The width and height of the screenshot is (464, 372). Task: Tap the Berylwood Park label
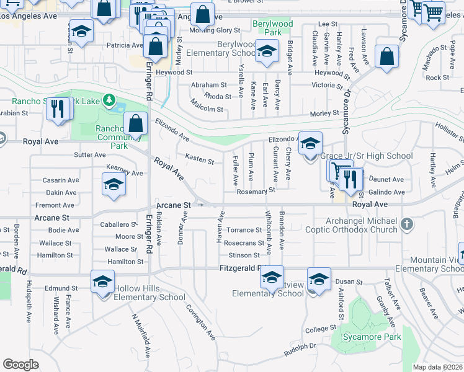[x=272, y=28]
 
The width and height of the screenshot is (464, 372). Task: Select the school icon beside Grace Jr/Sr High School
[x=310, y=144]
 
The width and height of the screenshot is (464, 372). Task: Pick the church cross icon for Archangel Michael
[x=407, y=223]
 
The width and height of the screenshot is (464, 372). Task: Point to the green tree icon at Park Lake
[x=110, y=99]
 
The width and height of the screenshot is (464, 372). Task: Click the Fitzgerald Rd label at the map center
[x=242, y=268]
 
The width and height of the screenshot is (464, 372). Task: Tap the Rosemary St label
[x=255, y=192]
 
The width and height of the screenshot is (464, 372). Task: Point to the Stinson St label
[x=244, y=255]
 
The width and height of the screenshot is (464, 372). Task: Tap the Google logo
[x=20, y=365]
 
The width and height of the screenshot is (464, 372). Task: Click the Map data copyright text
[x=437, y=367]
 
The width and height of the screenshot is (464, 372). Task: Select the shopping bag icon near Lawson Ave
[x=386, y=57]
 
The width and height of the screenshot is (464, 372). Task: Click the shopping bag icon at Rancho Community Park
[x=136, y=123]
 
